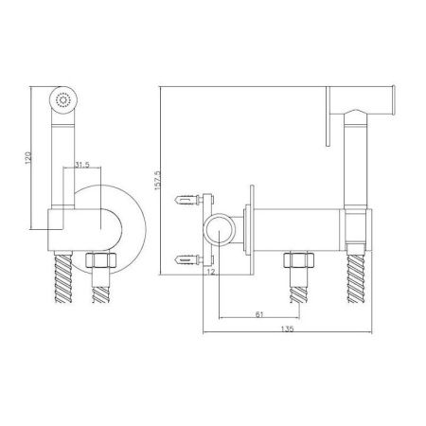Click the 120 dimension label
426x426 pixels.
tap(28, 157)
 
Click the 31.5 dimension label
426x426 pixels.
tap(82, 165)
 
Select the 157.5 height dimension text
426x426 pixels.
tap(157, 181)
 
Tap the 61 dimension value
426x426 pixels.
tap(259, 314)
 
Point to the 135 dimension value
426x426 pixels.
tap(287, 328)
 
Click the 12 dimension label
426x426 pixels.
tap(211, 272)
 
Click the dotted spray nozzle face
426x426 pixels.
tap(62, 100)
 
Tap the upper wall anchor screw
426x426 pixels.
tap(188, 200)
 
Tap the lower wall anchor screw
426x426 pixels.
tap(188, 259)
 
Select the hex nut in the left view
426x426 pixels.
tap(101, 260)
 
